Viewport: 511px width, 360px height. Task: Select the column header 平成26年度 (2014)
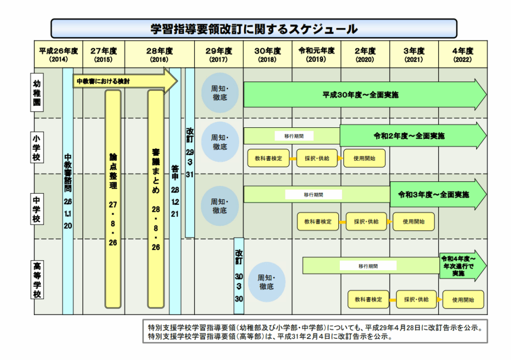58,54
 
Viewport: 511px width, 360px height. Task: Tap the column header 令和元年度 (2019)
316,54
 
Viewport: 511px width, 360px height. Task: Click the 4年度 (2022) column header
462,54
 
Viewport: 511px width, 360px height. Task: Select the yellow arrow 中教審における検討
125,81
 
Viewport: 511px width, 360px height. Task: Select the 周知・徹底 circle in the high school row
266,283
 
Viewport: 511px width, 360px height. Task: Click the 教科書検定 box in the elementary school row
268,158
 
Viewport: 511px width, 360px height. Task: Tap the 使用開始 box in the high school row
463,300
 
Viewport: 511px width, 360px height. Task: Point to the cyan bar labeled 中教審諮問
68,192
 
